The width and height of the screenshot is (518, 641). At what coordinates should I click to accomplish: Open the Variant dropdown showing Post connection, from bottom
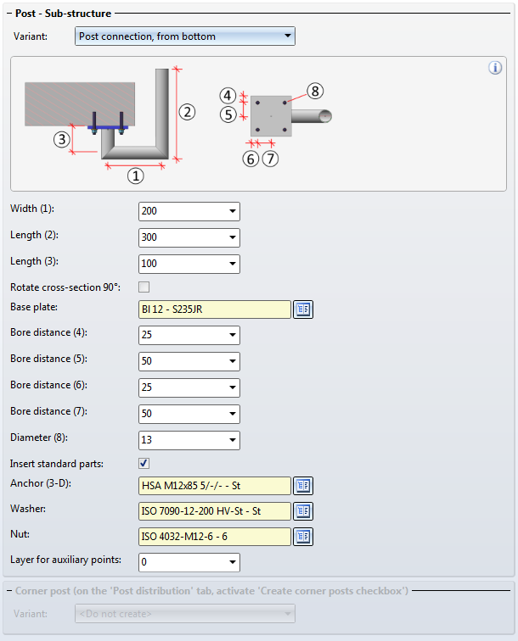[x=184, y=36]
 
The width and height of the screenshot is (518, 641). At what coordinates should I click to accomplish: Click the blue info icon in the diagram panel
[x=495, y=68]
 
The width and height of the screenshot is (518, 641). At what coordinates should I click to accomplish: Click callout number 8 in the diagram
[x=315, y=92]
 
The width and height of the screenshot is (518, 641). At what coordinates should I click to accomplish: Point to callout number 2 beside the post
[x=187, y=112]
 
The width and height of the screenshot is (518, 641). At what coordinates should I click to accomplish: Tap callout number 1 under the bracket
[x=136, y=176]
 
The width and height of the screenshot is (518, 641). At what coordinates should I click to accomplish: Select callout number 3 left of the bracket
[x=61, y=140]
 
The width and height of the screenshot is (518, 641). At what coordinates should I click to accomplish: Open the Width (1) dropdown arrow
[x=232, y=211]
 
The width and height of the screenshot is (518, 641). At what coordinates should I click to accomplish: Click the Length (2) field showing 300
[x=189, y=237]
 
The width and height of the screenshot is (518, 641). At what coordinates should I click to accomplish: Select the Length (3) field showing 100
[x=189, y=264]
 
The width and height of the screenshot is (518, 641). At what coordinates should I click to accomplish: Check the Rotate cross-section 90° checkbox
[x=144, y=287]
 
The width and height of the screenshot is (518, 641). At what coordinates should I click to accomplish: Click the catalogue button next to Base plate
[x=303, y=309]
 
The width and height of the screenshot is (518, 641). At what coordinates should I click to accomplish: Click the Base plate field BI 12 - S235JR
[x=215, y=309]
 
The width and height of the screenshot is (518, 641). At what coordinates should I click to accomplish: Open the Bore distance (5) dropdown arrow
[x=232, y=361]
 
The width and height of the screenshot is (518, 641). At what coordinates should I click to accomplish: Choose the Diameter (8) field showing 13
[x=189, y=440]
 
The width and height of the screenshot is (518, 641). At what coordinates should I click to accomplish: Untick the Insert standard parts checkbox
[x=144, y=463]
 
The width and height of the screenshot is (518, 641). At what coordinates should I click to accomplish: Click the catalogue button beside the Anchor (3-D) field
[x=303, y=486]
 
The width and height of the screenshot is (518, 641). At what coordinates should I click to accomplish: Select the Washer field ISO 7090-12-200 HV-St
[x=215, y=511]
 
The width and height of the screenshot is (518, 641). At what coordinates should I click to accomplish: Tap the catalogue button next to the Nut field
[x=303, y=537]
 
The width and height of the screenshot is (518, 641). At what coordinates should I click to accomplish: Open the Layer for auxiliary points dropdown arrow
[x=232, y=562]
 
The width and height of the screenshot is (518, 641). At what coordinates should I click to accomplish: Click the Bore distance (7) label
[x=48, y=411]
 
